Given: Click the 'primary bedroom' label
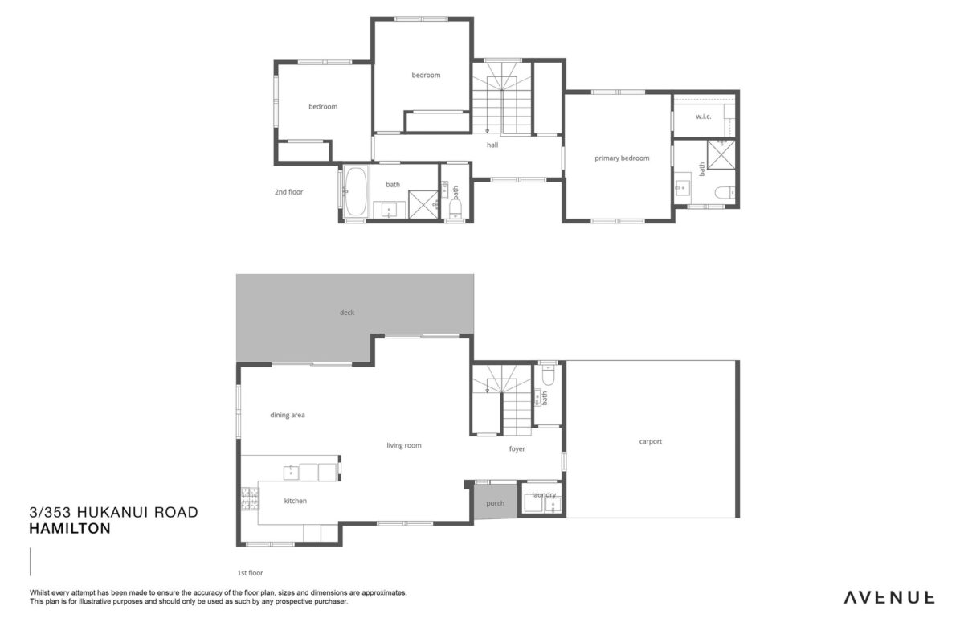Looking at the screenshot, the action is pos(622,158).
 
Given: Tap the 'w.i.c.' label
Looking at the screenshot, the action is pos(703,117).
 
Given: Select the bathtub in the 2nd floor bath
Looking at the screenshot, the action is pos(355,191).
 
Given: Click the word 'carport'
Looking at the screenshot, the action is pos(650,441).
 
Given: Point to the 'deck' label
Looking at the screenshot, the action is pos(347,313).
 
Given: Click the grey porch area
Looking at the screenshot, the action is pos(496,502).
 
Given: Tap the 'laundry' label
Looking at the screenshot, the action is pos(544,495).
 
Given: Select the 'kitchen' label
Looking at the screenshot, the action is pos(296,501).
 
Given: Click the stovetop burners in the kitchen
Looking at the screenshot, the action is pos(250,498).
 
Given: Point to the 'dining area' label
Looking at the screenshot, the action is pos(288,415).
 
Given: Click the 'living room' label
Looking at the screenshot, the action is pos(403,445).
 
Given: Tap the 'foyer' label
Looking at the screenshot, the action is pos(517,448).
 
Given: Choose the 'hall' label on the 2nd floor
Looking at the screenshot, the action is pos(492,145).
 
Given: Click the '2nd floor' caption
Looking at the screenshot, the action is pos(288,192).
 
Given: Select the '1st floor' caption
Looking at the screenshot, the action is pos(250,573).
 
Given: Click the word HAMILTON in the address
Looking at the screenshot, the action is pos(70,528).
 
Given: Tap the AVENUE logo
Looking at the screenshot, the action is pos(888,598).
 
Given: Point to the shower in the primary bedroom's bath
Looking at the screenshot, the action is pos(721,154).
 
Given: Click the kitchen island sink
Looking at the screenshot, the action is pos(292,473).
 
